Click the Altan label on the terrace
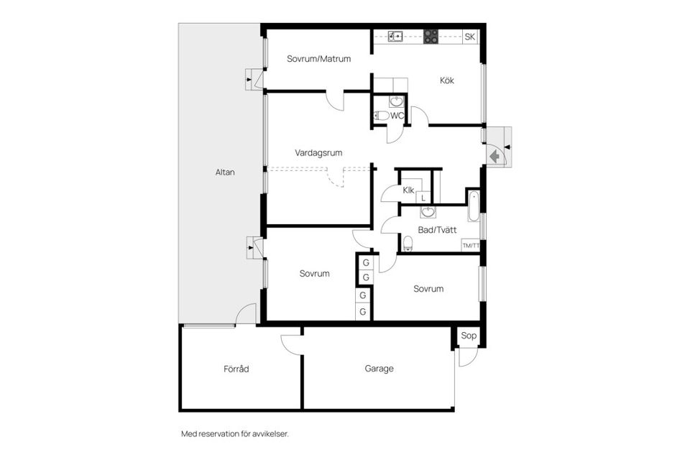pos(225,172)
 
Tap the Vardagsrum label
pos(318,153)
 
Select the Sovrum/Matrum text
pos(318,58)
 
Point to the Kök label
pos(446,80)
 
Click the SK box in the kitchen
pos(469,37)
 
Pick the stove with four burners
pos(431,37)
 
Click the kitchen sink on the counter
pos(396,36)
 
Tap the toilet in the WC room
pos(381,116)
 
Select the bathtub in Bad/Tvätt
pos(474,206)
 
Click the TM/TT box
pos(470,245)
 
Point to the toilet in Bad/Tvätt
pos(408,244)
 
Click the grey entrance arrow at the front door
pos(494,156)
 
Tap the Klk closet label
pos(408,190)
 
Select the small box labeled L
pos(423,198)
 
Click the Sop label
pos(469,336)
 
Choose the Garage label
pos(379,369)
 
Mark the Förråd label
pos(236,369)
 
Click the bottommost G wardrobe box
pos(363,312)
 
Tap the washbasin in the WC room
pos(396,101)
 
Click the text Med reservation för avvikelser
pos(235,434)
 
